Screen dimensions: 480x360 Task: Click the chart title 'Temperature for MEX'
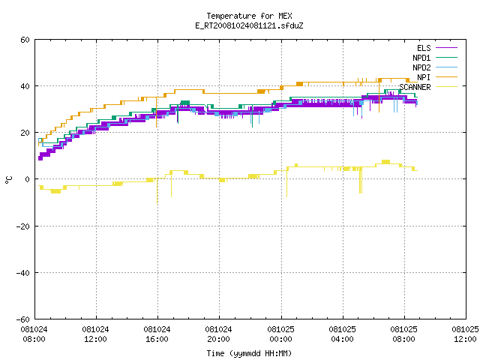pos(249,16)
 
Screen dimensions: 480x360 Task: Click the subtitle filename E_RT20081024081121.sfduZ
pos(249,25)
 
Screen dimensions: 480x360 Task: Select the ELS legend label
pos(424,48)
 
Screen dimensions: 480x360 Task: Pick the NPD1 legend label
pos(421,58)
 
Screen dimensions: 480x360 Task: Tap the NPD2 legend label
pos(421,67)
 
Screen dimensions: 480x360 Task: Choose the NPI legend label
pos(424,77)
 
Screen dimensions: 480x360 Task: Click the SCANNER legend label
pos(415,87)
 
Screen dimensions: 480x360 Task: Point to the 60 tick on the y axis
pos(25,40)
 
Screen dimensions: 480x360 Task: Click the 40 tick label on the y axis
pos(25,86)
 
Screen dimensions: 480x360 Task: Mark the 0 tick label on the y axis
pos(28,179)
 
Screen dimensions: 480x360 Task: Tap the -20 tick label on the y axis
pos(23,226)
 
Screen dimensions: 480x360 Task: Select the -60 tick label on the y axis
pos(23,319)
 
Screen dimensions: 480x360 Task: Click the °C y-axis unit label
pos(8,180)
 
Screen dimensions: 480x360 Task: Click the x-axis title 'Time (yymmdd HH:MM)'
pos(249,353)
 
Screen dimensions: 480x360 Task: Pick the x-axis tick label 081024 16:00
pos(157,334)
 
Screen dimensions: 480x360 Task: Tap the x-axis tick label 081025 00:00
pos(280,334)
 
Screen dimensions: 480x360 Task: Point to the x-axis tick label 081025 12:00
pos(465,334)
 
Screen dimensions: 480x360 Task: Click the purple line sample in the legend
pos(447,48)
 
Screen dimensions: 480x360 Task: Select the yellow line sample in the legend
pos(447,87)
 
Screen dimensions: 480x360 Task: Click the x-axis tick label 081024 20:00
pos(218,334)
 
